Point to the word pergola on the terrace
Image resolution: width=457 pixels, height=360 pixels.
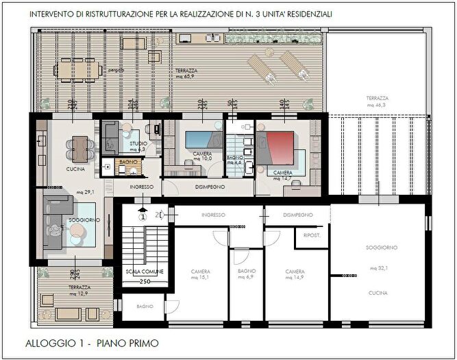pyautogui.click(x=125, y=71)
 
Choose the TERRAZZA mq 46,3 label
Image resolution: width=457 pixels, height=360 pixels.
pyautogui.click(x=378, y=102)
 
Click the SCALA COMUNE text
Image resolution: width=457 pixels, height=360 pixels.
pyautogui.click(x=144, y=272)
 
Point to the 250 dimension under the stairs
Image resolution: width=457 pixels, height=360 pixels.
pyautogui.click(x=145, y=281)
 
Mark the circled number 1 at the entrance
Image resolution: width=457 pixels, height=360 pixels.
pyautogui.click(x=143, y=217)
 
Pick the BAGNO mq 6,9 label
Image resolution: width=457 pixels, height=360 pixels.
pyautogui.click(x=245, y=274)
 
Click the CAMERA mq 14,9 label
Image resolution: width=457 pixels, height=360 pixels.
pyautogui.click(x=295, y=274)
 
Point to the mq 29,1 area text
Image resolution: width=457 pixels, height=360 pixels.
pyautogui.click(x=86, y=192)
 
